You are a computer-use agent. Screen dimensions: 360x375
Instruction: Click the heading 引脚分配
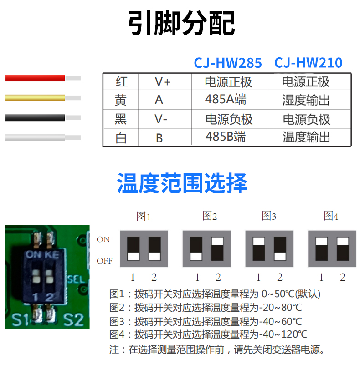point(181,23)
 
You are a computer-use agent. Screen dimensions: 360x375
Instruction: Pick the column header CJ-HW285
point(228,63)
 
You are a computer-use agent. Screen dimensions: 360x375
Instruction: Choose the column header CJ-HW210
point(308,63)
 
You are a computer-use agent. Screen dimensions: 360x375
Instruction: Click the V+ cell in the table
point(162,82)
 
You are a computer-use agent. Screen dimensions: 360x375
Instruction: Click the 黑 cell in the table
point(121,119)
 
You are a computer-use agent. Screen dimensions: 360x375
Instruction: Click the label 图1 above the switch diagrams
point(144,217)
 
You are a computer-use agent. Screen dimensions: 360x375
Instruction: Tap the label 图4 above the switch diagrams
point(331,216)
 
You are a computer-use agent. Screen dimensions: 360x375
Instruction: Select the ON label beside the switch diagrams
point(103,239)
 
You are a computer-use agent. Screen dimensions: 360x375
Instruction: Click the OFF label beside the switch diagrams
point(104,261)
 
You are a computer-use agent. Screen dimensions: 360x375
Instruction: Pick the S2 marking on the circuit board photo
point(73,319)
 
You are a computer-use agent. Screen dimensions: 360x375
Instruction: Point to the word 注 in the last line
point(114,350)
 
